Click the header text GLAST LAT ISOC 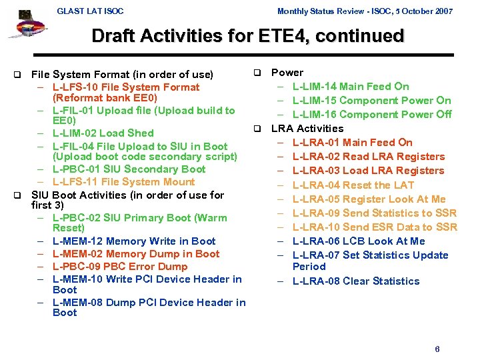[90, 11]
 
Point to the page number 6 [437, 349]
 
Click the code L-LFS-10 [75, 87]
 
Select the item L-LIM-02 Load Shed [103, 133]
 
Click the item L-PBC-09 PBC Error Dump [120, 267]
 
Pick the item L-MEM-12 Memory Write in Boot [133, 241]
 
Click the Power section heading [287, 73]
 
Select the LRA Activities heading [307, 129]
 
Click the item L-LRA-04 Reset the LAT [353, 185]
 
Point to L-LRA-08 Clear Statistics [356, 281]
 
